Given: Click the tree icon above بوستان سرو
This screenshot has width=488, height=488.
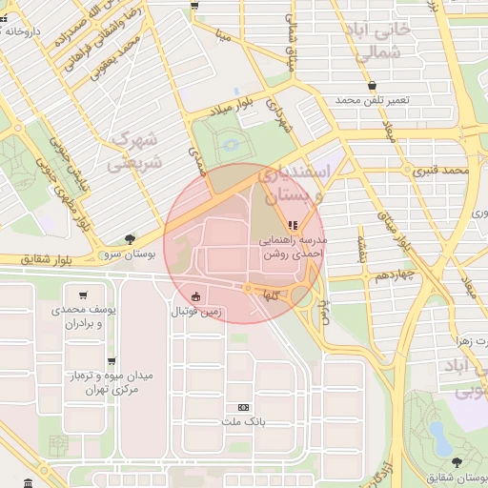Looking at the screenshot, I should tap(130, 239).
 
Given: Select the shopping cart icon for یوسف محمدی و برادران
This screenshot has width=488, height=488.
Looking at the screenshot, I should tap(85, 295).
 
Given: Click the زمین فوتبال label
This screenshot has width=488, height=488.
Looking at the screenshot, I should tap(196, 312).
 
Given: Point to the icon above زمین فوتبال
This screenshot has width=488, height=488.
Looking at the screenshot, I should tap(196, 296).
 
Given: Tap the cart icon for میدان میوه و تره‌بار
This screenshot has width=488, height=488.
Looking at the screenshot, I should tap(112, 361).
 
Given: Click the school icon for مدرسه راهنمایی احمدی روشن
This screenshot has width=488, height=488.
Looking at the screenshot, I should tap(293, 225).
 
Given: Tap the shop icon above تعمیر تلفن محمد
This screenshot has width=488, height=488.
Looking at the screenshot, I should tap(371, 85).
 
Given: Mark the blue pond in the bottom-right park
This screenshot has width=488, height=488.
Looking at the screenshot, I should tap(439, 437).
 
